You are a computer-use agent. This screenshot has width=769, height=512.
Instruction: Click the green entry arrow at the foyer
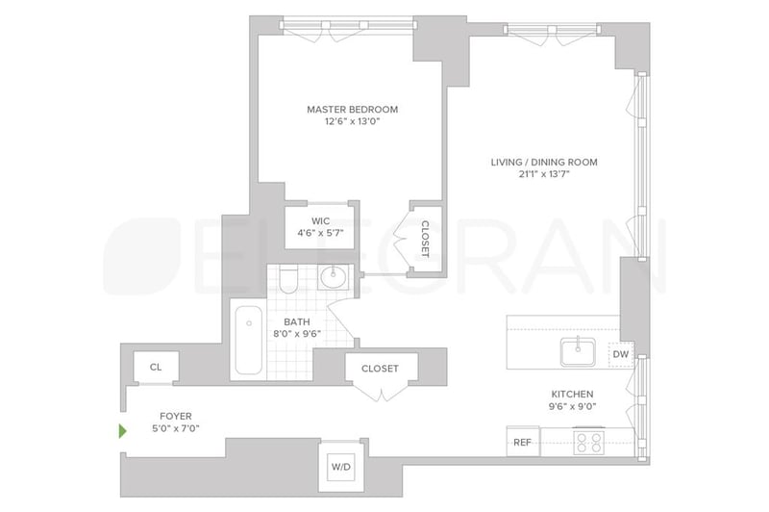point(123,431)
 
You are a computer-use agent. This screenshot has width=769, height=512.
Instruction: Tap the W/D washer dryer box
point(341,467)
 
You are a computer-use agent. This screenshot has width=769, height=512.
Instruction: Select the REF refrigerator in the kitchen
point(523,442)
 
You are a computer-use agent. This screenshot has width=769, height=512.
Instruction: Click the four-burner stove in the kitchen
point(588,442)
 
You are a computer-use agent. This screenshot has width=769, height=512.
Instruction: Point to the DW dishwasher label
point(620,354)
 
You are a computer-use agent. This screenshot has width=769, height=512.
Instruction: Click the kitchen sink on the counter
point(579,352)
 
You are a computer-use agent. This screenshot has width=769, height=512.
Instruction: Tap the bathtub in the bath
point(249,340)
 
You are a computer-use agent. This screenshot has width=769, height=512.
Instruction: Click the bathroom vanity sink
point(334,277)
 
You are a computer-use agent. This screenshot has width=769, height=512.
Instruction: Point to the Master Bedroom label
point(352,109)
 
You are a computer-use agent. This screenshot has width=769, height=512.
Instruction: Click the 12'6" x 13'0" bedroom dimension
point(352,121)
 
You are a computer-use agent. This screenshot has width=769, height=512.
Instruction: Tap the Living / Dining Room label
point(544,162)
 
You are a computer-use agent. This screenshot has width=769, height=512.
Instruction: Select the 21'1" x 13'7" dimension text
point(544,174)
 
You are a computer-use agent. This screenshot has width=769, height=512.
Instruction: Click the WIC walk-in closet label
point(320,221)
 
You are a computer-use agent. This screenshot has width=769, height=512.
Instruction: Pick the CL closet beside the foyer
point(156,368)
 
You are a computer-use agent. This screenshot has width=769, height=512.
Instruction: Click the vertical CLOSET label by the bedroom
point(425,239)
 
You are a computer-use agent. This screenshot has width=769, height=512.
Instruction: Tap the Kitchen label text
point(572,395)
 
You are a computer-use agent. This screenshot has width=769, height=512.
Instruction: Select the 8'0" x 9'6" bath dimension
point(297,334)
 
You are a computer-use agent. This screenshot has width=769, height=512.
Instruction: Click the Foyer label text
point(176,417)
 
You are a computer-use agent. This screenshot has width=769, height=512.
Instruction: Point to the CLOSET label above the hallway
point(380,369)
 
